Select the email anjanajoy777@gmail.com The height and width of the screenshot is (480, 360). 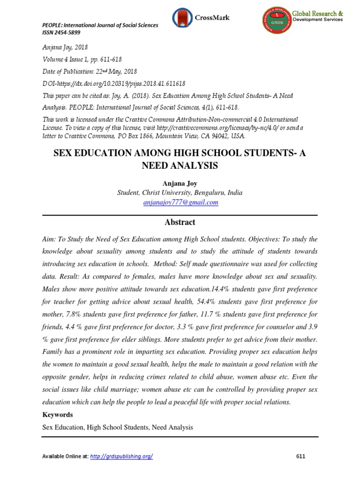click(180, 202)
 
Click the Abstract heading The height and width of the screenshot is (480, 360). click(180, 222)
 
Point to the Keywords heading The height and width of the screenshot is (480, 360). click(58, 415)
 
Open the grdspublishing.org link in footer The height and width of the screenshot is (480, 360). click(121, 456)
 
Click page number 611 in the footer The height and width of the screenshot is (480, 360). click(301, 456)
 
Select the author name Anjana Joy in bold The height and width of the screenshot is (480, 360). click(180, 183)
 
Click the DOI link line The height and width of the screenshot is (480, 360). click(114, 83)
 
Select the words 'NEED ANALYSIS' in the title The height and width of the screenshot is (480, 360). click(180, 165)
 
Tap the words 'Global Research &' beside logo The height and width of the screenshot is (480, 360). click(318, 14)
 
